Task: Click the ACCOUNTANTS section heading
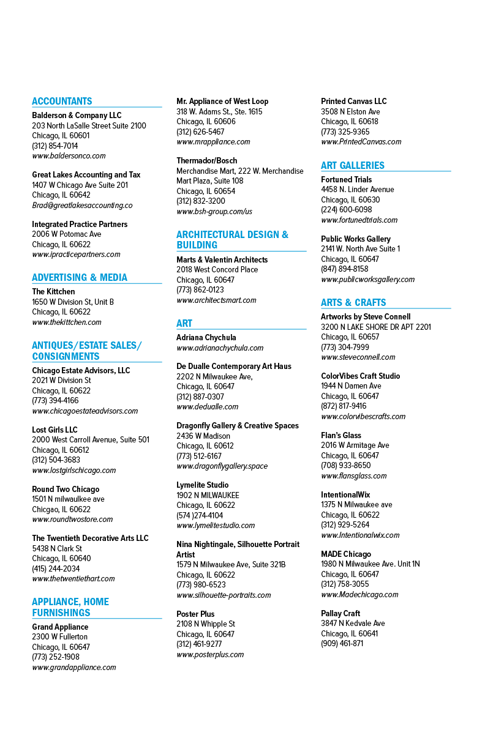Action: pos(62,101)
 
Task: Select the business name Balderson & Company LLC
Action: pos(77,116)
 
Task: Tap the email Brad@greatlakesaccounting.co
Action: pos(82,206)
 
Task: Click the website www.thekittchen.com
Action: pos(67,322)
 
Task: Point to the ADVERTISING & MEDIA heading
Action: pos(80,278)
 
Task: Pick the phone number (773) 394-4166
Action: pos(55,401)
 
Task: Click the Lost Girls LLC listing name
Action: pos(55,430)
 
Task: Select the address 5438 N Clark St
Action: pos(57,548)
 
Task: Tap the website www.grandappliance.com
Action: pos(74,668)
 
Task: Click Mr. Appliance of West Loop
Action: pos(222,102)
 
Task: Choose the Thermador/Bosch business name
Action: pos(207,160)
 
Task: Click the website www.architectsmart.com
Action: pos(216,300)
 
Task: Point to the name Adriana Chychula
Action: pos(206,337)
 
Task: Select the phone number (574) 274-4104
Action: pos(200,515)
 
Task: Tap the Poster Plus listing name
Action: pos(195,614)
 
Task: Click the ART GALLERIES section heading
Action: pos(353,165)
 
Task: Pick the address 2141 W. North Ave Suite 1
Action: pos(361,249)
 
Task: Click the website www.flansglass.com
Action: pos(354,476)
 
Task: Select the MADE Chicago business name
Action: pos(346,554)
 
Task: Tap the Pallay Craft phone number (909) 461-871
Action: pos(342,643)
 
